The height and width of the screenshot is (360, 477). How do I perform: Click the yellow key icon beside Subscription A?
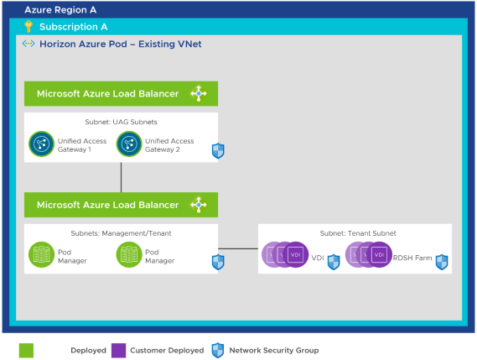[x=29, y=27]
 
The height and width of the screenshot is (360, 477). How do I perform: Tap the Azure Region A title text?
[x=60, y=10]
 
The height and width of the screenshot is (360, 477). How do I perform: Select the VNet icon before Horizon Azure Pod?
[x=28, y=43]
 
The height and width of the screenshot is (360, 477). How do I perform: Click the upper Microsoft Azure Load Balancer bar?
[x=121, y=93]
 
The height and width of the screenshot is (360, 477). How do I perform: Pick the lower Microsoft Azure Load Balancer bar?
[x=121, y=205]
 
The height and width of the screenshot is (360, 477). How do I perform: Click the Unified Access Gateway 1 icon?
[x=41, y=144]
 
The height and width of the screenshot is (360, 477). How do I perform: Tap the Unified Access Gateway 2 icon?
[x=129, y=144]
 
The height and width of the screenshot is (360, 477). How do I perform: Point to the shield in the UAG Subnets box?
[x=218, y=151]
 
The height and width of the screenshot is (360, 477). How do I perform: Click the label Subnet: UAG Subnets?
[x=121, y=122]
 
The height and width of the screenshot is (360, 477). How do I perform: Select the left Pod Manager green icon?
[x=41, y=255]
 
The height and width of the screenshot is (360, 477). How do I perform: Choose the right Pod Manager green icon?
[x=129, y=255]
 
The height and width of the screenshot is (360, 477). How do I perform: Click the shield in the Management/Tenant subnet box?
[x=218, y=262]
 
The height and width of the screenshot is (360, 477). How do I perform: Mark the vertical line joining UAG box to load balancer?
[x=122, y=177]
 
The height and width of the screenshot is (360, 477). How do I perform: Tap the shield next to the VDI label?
[x=334, y=262]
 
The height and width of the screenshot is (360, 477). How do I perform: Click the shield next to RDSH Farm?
[x=442, y=262]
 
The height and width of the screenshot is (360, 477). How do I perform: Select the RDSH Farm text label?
[x=412, y=258]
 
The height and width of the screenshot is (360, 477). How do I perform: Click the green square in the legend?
[x=26, y=349]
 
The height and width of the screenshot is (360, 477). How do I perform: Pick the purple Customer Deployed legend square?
[x=118, y=349]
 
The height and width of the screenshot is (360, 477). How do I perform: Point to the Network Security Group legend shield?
[x=218, y=349]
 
